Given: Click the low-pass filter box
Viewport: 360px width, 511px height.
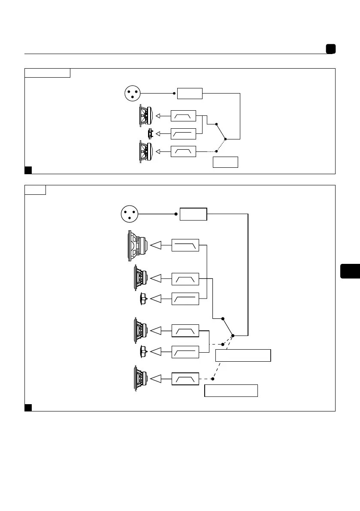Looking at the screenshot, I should pyautogui.click(x=185, y=245).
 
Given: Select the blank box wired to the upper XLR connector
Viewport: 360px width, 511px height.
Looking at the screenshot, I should pyautogui.click(x=190, y=93).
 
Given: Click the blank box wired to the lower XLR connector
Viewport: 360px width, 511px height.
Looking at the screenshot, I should pyautogui.click(x=193, y=214).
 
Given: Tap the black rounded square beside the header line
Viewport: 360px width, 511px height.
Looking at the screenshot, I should pyautogui.click(x=330, y=49).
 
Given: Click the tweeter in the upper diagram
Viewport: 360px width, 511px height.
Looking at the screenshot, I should pyautogui.click(x=150, y=134).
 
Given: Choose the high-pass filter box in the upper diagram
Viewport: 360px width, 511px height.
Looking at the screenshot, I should pyautogui.click(x=183, y=134).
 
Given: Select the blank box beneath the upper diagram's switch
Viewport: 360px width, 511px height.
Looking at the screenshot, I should pyautogui.click(x=225, y=162).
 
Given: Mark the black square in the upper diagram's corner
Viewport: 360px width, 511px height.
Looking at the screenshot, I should pyautogui.click(x=28, y=170).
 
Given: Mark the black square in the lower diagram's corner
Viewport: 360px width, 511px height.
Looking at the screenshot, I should pyautogui.click(x=28, y=407).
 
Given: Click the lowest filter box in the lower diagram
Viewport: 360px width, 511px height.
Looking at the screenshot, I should pyautogui.click(x=185, y=379).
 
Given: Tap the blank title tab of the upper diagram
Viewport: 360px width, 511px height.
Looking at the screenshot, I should pyautogui.click(x=47, y=73).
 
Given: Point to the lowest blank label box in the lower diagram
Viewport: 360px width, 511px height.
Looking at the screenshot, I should pyautogui.click(x=231, y=391).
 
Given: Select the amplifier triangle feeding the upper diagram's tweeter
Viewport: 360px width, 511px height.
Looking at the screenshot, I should pyautogui.click(x=158, y=134).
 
